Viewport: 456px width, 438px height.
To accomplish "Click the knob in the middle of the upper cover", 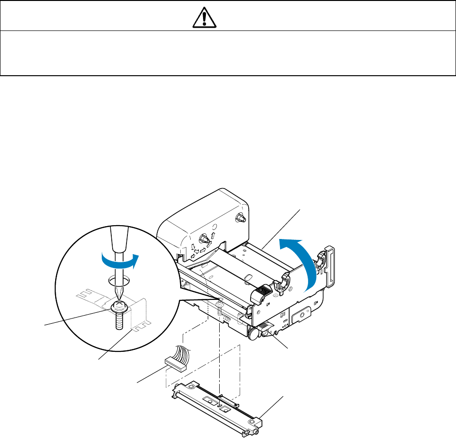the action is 204,238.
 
